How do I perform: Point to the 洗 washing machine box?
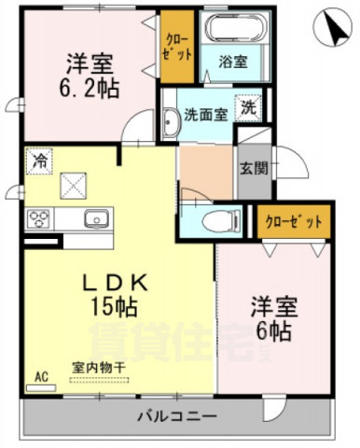click(x=249, y=106)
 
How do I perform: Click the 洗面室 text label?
click(x=205, y=117)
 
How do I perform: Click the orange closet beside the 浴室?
click(x=176, y=47)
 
